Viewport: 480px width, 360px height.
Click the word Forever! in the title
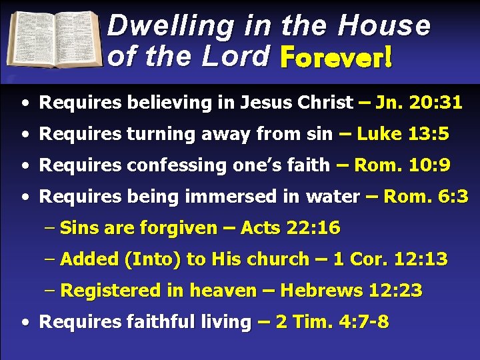(x=337, y=57)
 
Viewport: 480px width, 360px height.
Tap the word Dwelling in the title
(x=170, y=25)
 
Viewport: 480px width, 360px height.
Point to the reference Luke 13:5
(x=403, y=134)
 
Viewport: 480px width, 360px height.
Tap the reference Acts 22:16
(x=290, y=228)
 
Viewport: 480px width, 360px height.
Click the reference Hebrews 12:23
(x=351, y=291)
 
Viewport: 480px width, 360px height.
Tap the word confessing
(x=149, y=165)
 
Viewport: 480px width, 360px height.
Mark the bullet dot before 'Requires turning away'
(x=24, y=135)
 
